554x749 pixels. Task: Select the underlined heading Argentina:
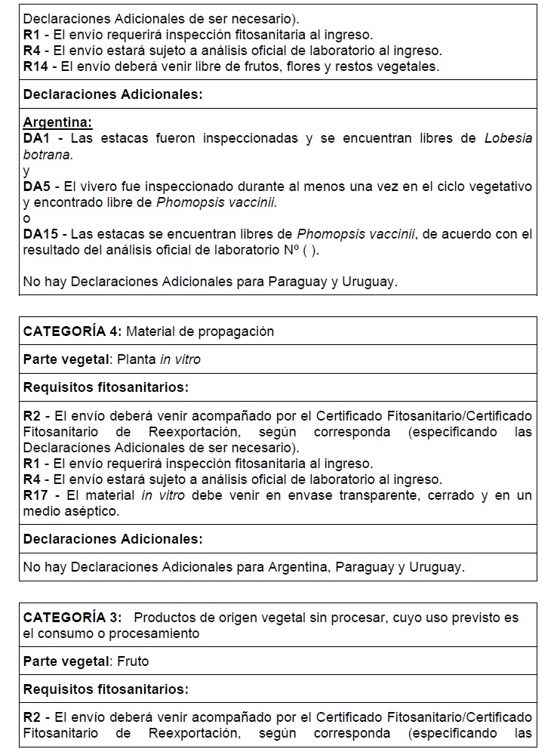point(58,122)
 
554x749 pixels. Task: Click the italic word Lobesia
point(508,138)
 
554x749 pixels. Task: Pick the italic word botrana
point(47,154)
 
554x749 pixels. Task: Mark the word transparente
point(332,495)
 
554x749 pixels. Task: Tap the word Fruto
point(133,661)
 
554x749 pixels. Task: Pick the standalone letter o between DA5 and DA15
point(27,218)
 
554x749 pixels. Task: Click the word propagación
point(238,331)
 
